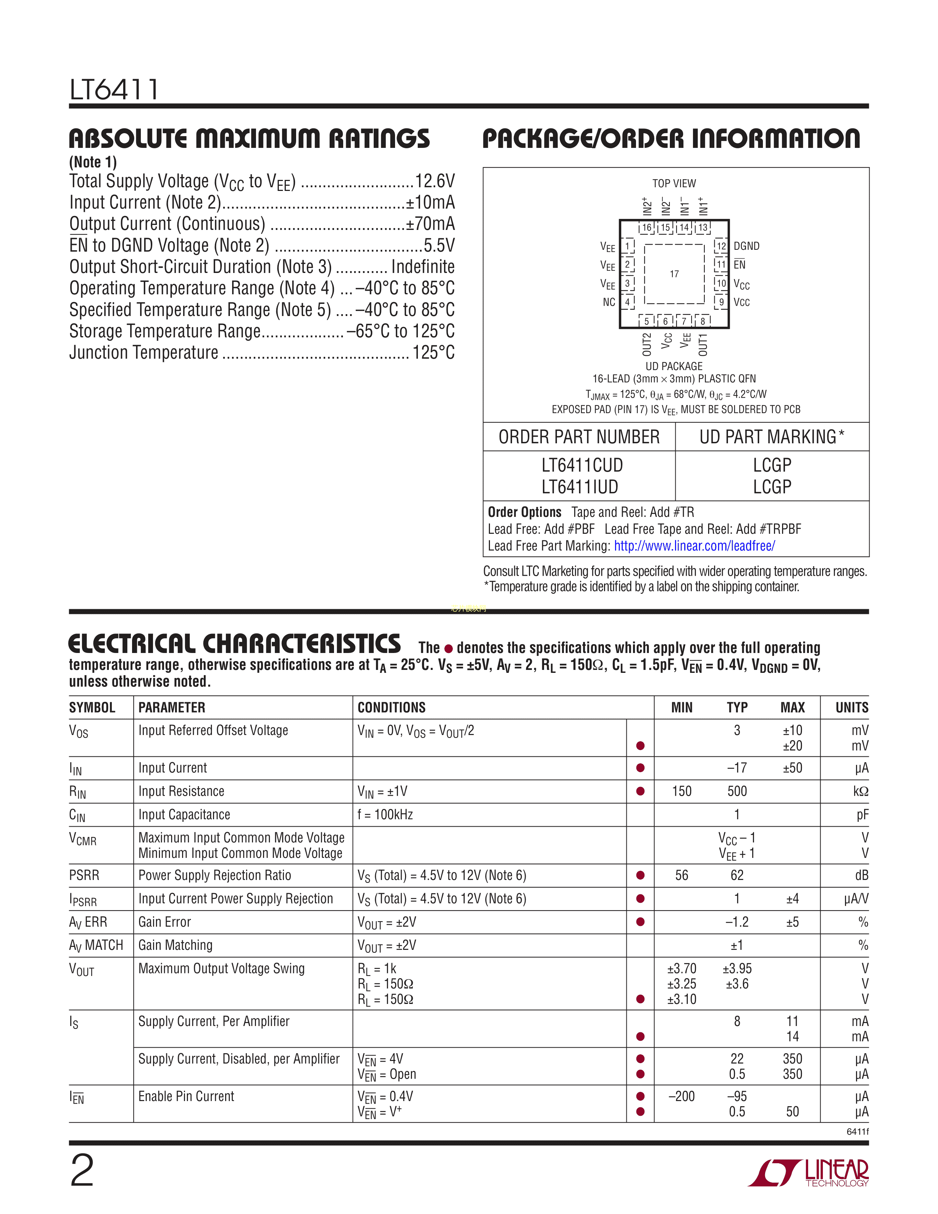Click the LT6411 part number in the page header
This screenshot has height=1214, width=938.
click(114, 89)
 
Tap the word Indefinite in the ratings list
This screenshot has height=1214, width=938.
click(423, 267)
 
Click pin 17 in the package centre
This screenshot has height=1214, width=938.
click(674, 274)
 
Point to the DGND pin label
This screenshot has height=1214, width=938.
click(746, 246)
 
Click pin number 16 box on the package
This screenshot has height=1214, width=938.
click(647, 227)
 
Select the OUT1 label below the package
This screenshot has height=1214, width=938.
click(703, 345)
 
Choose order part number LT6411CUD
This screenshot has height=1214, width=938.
click(582, 465)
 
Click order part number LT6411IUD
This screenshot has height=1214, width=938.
click(580, 487)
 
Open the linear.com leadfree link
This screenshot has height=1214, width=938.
click(694, 546)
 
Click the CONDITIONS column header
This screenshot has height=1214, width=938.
click(391, 707)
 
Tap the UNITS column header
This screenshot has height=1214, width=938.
click(851, 707)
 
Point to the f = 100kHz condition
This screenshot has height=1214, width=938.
click(385, 814)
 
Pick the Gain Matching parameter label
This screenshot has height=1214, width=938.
click(175, 945)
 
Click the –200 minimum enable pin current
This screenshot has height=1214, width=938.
click(681, 1096)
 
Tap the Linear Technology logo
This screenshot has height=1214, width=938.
click(808, 1173)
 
